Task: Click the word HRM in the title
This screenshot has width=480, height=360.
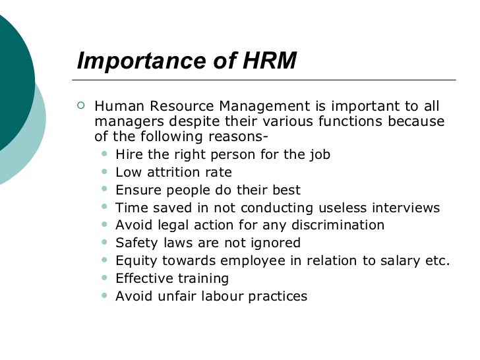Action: coord(269,62)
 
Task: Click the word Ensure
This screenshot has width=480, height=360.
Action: coord(136,190)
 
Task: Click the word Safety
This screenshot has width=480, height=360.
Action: coord(135,243)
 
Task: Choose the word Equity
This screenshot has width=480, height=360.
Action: coord(135,261)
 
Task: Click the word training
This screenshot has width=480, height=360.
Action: coord(202,279)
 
